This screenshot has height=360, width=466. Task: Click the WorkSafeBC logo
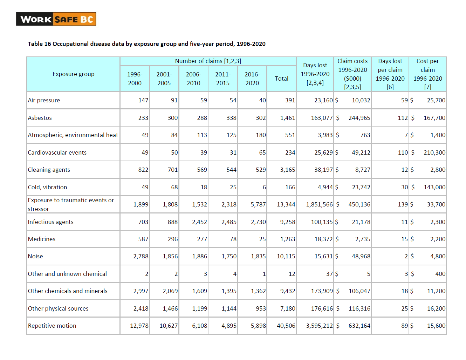point(56,19)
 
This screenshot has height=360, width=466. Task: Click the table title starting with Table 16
point(146,44)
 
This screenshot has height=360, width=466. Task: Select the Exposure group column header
point(74,74)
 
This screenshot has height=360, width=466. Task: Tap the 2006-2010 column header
point(193,79)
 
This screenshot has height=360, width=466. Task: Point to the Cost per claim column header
point(427,74)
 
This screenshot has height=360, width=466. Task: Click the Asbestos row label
point(40,118)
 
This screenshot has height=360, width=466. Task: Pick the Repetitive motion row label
point(52,326)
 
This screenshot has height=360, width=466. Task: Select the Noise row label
point(35,256)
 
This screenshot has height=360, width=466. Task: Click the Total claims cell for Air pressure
point(290,100)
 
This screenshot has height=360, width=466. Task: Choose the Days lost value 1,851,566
point(319,204)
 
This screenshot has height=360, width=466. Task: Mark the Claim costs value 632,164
point(359,326)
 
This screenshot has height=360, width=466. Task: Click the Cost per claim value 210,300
point(434,152)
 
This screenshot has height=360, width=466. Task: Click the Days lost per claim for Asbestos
point(403,118)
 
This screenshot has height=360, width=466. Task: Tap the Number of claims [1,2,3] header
point(208,61)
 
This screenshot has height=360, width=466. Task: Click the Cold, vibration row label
point(48,187)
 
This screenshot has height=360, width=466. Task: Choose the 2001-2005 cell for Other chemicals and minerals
point(170,291)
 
